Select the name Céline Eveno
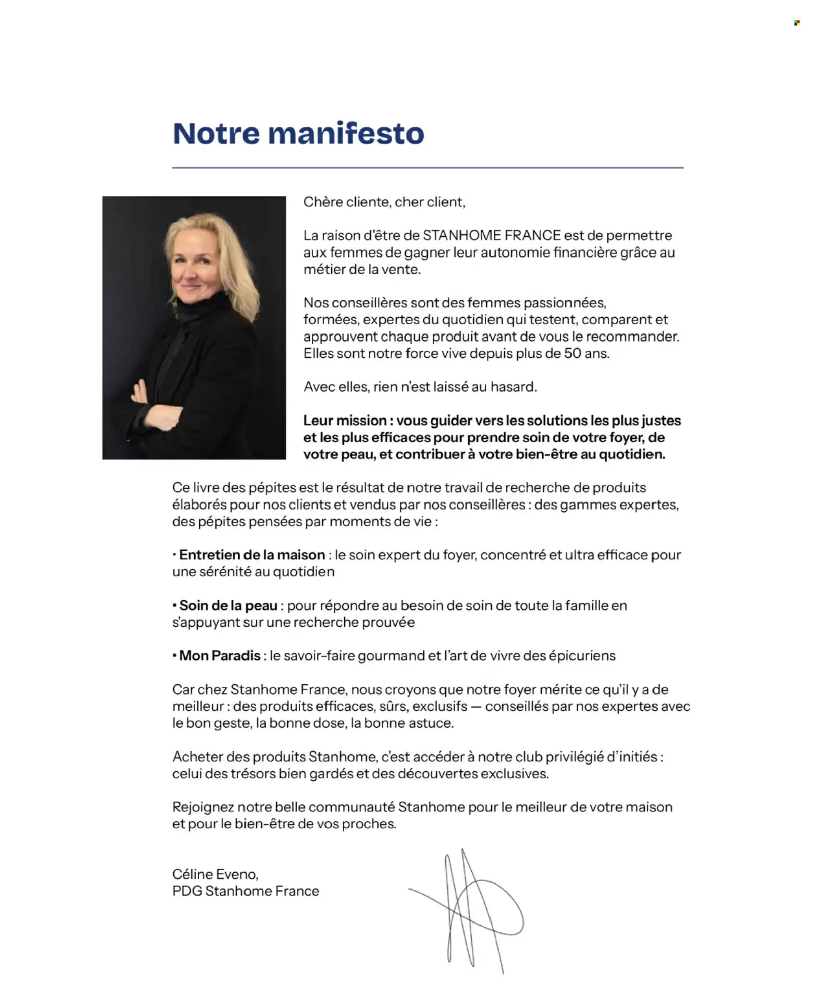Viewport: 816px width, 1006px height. pos(215,874)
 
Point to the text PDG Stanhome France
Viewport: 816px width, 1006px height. pos(246,891)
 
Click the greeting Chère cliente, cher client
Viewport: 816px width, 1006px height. pos(384,202)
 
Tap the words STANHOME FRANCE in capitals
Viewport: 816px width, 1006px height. pos(492,235)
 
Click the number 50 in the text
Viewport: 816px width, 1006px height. pos(573,353)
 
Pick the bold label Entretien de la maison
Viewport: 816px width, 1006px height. pos(252,555)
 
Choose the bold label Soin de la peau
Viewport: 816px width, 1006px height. pos(228,605)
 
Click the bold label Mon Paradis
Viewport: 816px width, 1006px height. pos(219,656)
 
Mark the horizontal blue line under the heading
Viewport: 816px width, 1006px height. pos(428,167)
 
